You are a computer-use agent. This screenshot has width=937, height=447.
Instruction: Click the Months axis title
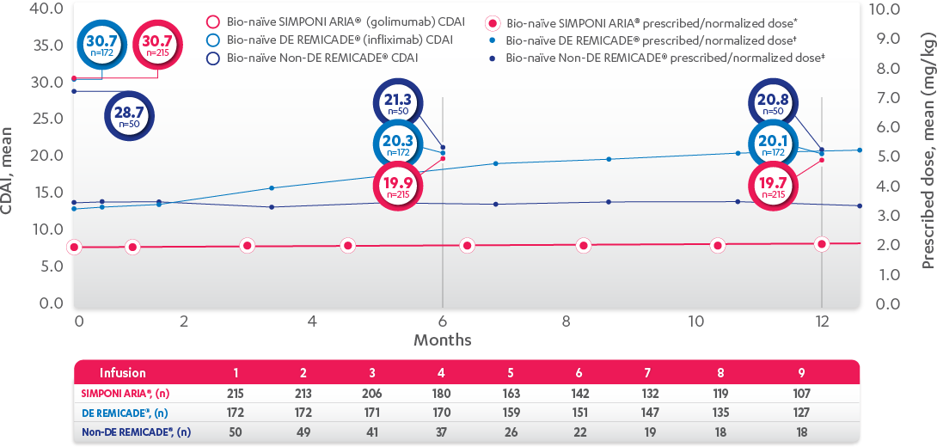click(x=443, y=340)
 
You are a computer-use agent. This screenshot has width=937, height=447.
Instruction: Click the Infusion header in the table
click(x=123, y=373)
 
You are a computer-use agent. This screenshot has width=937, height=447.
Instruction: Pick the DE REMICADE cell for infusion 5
click(x=511, y=412)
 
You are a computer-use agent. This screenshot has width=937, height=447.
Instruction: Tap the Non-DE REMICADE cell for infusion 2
click(x=303, y=432)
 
